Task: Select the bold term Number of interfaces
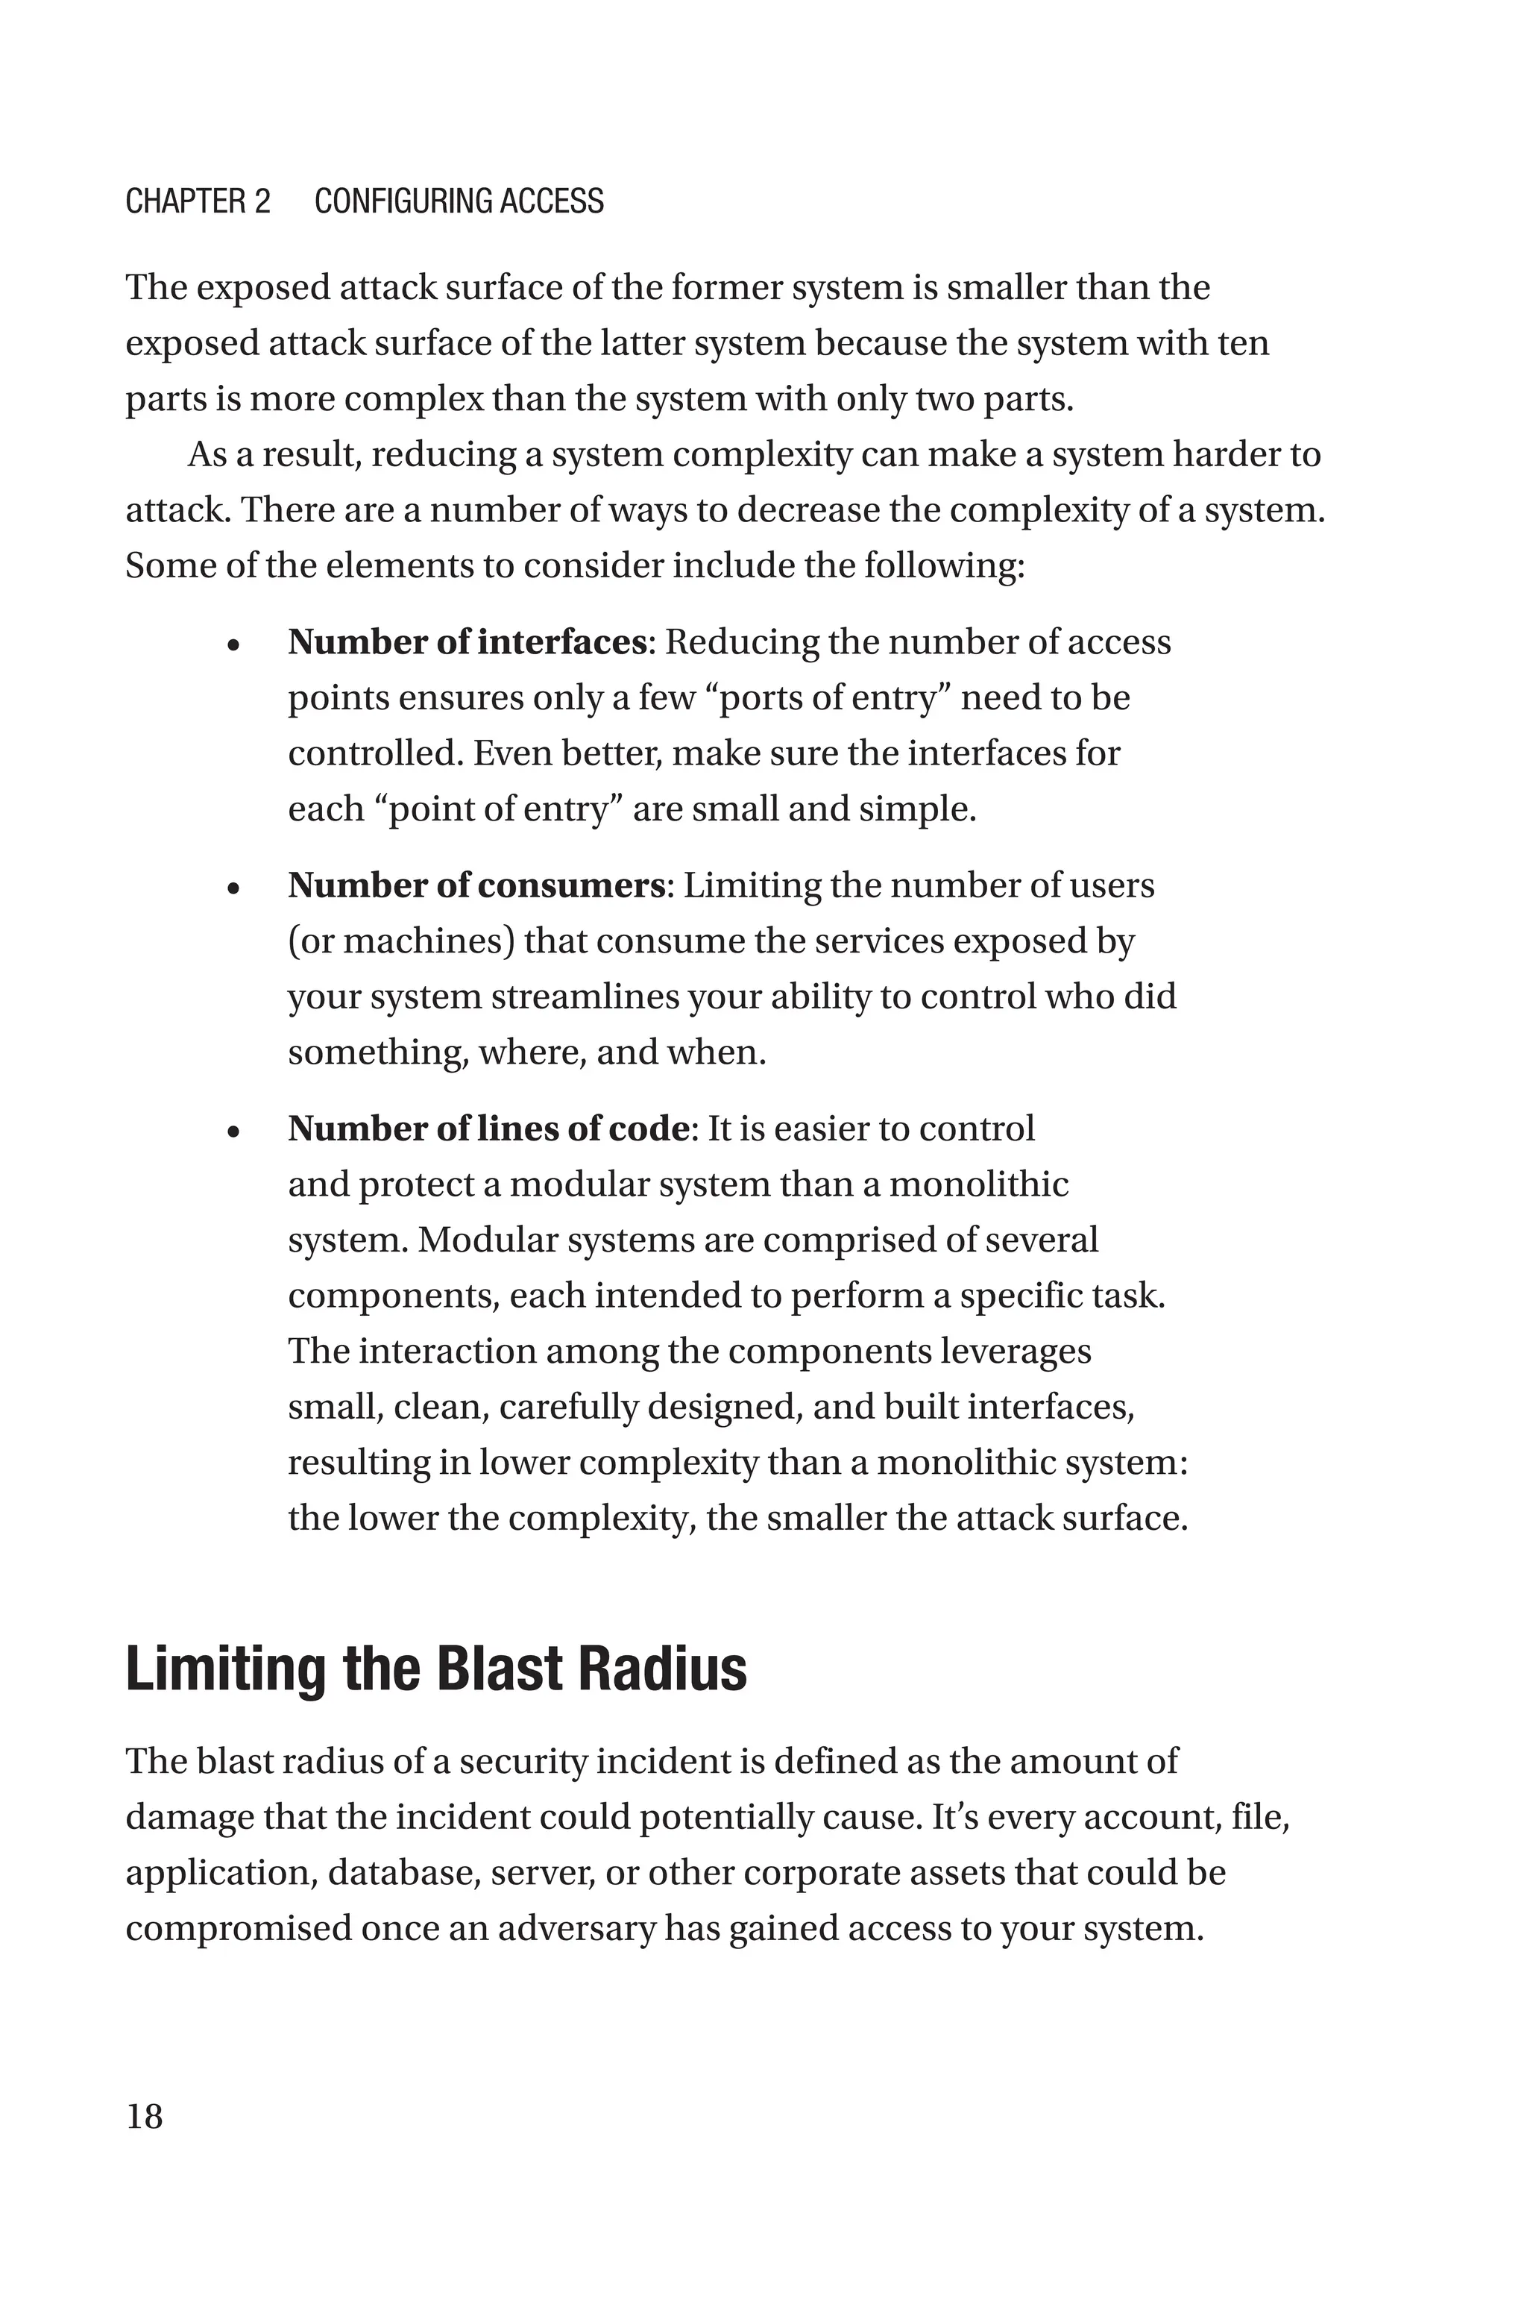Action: tap(467, 643)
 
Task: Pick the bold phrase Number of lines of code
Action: tap(488, 1129)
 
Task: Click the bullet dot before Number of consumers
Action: tap(233, 889)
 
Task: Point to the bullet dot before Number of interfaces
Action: tap(233, 646)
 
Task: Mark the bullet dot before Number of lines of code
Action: tap(233, 1133)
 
